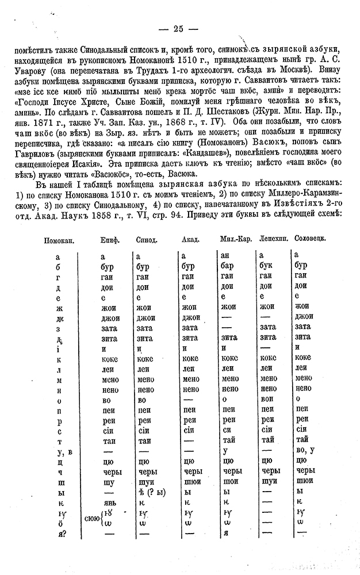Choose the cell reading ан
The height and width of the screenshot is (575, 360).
pyautogui.click(x=227, y=255)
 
